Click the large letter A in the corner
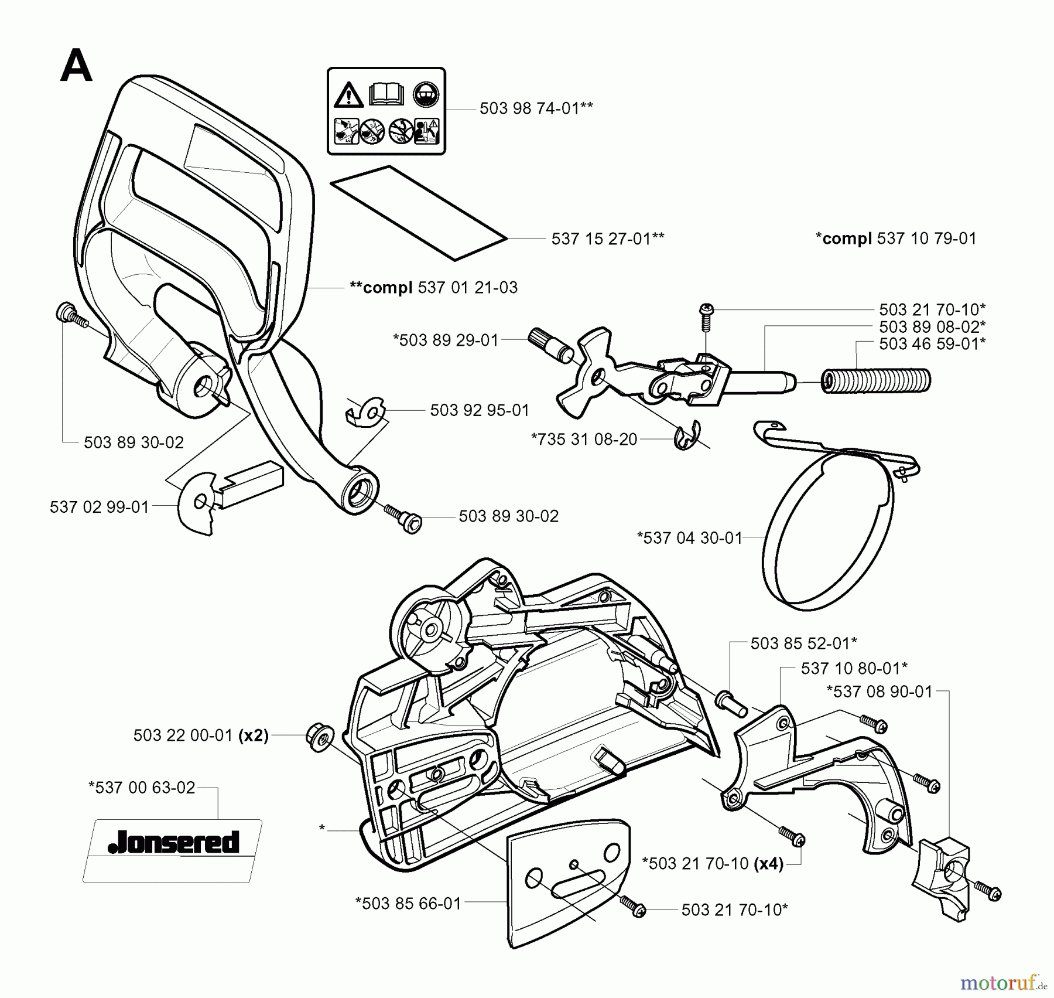click(76, 66)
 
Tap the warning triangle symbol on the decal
click(348, 95)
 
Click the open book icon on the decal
click(386, 94)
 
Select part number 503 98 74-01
click(536, 108)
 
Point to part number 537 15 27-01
click(607, 239)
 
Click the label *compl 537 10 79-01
click(896, 239)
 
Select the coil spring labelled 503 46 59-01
click(877, 380)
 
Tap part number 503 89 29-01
click(446, 340)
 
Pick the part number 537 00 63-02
click(142, 787)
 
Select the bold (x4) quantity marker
click(769, 863)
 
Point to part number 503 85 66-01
click(409, 903)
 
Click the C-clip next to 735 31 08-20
click(685, 436)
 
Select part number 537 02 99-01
click(100, 507)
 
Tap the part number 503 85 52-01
click(803, 643)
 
